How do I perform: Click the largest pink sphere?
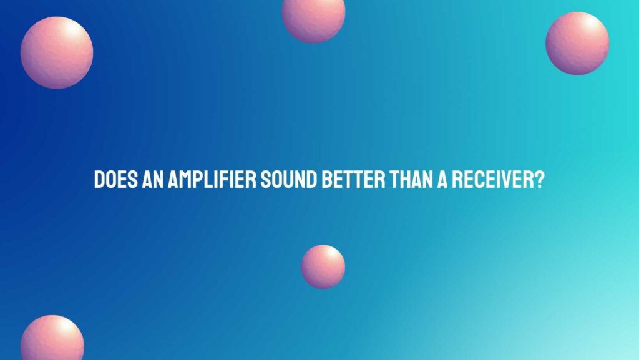(x=57, y=52)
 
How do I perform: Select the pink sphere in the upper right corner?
(x=577, y=43)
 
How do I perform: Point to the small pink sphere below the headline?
(x=323, y=266)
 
